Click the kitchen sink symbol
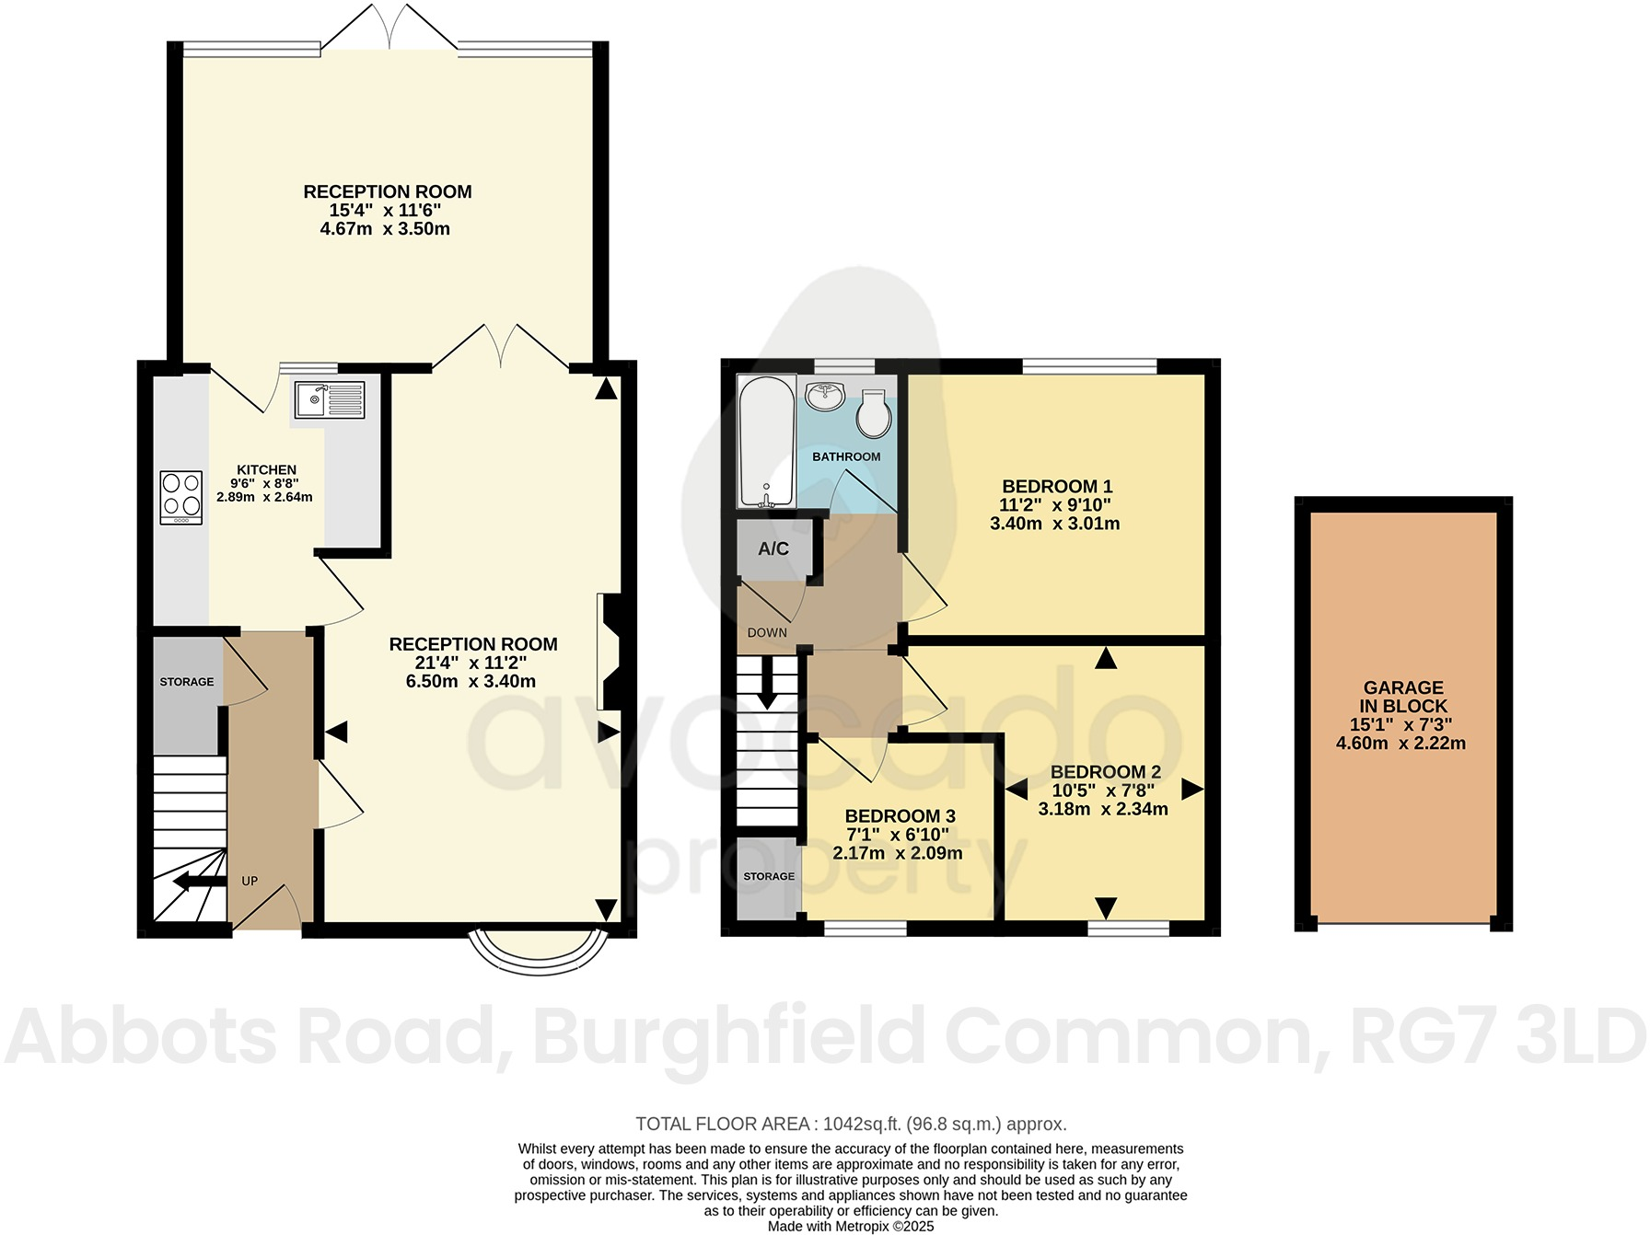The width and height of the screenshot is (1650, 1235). (x=330, y=400)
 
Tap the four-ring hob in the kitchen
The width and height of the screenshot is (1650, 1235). (x=181, y=498)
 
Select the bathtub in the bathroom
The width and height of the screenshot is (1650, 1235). (x=766, y=441)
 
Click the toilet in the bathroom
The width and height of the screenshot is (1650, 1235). (x=872, y=415)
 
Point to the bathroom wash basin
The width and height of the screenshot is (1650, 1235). (x=826, y=397)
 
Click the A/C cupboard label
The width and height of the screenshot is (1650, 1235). (x=773, y=549)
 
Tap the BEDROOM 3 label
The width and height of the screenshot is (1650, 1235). (x=900, y=816)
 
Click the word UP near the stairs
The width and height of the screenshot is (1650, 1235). (x=250, y=881)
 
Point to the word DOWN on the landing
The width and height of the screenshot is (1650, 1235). (x=767, y=632)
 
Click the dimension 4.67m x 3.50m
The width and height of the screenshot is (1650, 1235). (x=385, y=228)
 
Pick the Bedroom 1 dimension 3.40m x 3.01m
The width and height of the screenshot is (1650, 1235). (x=1054, y=524)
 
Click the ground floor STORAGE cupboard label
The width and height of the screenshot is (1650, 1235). (x=187, y=682)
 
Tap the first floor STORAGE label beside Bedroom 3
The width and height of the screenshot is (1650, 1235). (x=769, y=876)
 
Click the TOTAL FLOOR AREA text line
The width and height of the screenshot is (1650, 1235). (x=851, y=1124)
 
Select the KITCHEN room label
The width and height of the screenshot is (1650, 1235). (x=266, y=470)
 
